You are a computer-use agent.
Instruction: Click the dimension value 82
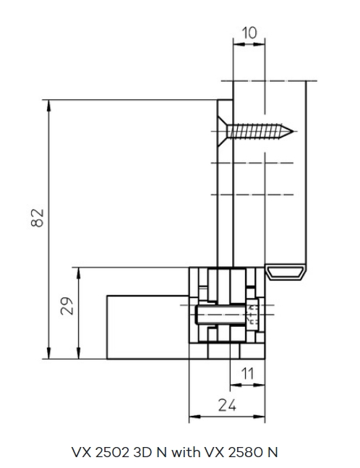point(38,218)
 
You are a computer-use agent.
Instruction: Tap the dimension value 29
point(67,306)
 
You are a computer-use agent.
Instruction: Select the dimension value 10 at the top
point(249,33)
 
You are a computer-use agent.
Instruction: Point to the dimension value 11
point(247,374)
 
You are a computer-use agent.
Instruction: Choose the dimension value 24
point(227,405)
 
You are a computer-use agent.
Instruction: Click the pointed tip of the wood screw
point(293,132)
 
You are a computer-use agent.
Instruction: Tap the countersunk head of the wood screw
point(222,132)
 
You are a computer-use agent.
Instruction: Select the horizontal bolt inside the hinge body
point(220,314)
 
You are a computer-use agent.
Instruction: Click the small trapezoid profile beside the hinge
point(286,271)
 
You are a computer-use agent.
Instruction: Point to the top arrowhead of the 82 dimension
point(49,106)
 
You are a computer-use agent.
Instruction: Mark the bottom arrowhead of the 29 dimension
point(79,353)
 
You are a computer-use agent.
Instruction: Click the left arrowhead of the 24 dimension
point(195,417)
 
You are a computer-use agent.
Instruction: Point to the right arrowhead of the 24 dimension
point(259,417)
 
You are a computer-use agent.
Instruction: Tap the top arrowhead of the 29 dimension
point(79,273)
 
